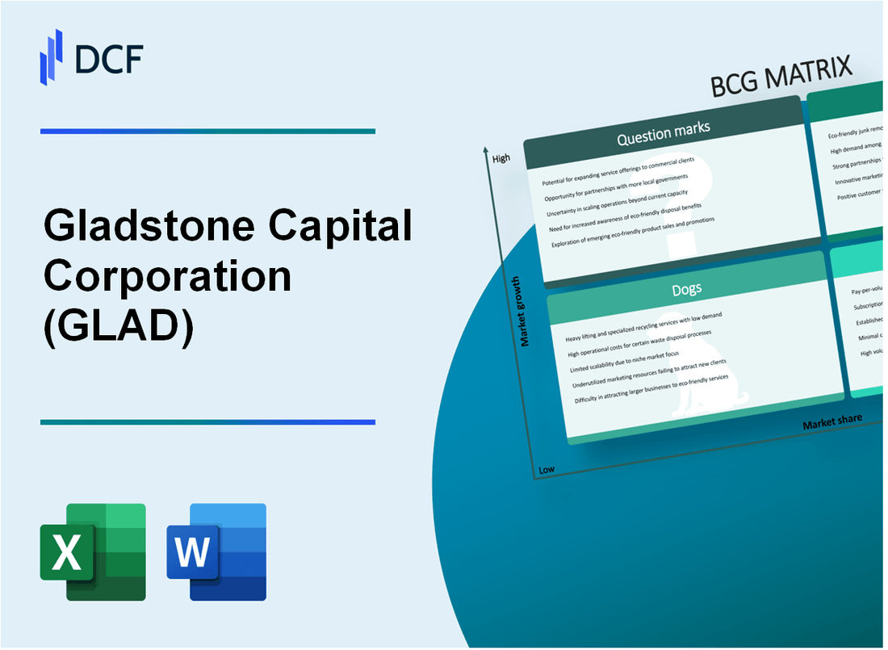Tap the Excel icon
(93, 551)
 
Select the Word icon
(216, 551)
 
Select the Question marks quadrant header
(663, 135)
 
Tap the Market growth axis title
(525, 312)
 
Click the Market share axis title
(831, 421)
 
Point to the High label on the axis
(501, 158)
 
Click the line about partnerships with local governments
(618, 184)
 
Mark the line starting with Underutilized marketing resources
(650, 374)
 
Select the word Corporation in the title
(167, 277)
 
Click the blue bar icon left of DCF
(51, 57)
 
